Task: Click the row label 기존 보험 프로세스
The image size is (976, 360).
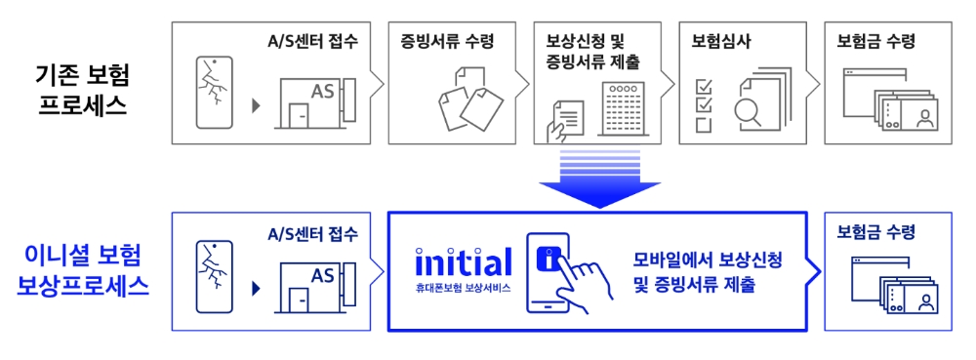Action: click(x=84, y=90)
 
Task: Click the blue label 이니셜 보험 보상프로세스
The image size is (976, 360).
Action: click(x=84, y=271)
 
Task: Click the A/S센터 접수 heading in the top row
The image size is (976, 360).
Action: click(x=313, y=42)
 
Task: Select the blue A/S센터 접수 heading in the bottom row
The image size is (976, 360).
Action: click(x=313, y=233)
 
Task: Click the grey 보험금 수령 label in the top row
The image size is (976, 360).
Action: click(x=875, y=42)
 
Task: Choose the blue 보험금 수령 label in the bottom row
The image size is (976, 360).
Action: click(x=875, y=233)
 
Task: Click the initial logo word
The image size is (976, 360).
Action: click(x=463, y=261)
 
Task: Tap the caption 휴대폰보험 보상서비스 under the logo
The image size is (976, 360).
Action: click(x=463, y=288)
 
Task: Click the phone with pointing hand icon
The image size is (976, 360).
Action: click(x=562, y=274)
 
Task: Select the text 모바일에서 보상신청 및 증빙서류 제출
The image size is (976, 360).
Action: click(x=708, y=273)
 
